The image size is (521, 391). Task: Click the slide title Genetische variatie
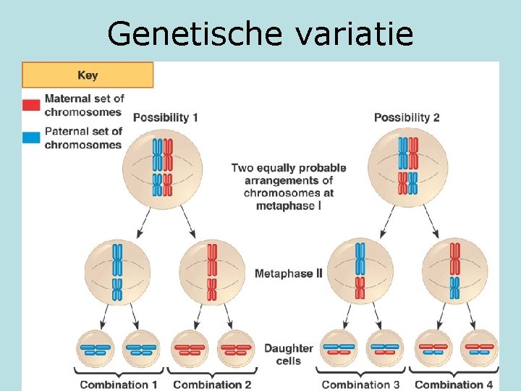pyautogui.click(x=260, y=33)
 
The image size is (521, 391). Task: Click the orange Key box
pyautogui.click(x=88, y=75)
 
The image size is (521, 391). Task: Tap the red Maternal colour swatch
pyautogui.click(x=31, y=106)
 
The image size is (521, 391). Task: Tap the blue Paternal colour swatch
pyautogui.click(x=31, y=138)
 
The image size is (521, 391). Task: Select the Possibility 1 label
pyautogui.click(x=166, y=117)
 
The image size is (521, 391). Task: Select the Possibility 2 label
pyautogui.click(x=407, y=117)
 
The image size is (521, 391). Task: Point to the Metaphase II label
pyautogui.click(x=289, y=274)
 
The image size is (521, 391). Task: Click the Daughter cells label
pyautogui.click(x=289, y=355)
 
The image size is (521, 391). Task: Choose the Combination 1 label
pyautogui.click(x=119, y=384)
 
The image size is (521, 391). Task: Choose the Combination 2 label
pyautogui.click(x=212, y=384)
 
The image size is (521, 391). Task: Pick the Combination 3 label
pyautogui.click(x=360, y=384)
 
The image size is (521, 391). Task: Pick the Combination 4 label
pyautogui.click(x=454, y=384)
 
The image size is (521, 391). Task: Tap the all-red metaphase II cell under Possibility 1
pyautogui.click(x=211, y=272)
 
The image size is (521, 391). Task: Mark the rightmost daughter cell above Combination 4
pyautogui.click(x=480, y=349)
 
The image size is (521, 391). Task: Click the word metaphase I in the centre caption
pyautogui.click(x=289, y=206)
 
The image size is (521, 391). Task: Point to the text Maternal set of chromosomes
pyautogui.click(x=84, y=105)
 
